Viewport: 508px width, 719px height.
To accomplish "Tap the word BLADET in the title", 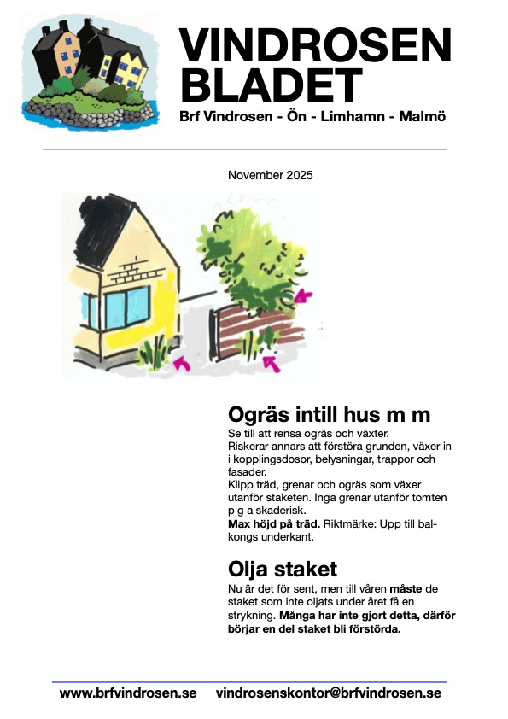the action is tap(272, 84).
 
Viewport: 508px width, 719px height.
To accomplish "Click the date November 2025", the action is tap(271, 175).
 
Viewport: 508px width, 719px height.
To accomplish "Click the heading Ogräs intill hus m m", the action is tap(329, 415).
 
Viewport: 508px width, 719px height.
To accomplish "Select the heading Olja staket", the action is tap(283, 569).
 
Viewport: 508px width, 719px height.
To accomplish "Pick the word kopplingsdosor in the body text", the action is tap(273, 459).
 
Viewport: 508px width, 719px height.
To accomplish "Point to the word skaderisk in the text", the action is tap(287, 510).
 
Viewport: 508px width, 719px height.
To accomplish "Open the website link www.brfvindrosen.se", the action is tap(127, 693).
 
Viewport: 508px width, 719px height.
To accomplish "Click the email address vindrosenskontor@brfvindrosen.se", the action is tap(329, 693).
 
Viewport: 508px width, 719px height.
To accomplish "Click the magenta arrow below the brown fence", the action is tap(272, 365).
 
